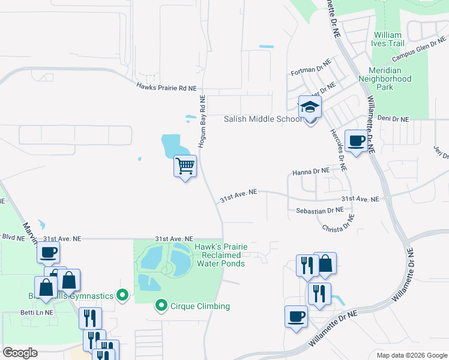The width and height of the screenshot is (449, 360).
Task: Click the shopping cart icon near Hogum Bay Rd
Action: click(185, 165)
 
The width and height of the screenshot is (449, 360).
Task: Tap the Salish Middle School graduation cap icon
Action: click(310, 107)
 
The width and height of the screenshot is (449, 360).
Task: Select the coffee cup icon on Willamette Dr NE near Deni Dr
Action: click(357, 141)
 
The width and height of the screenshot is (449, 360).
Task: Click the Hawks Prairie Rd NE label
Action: click(166, 88)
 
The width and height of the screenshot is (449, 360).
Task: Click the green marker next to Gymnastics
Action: click(123, 295)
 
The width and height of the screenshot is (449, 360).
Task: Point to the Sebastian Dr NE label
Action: click(319, 211)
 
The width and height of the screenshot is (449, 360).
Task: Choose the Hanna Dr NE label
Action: click(312, 171)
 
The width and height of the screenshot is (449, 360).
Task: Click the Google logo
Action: click(20, 352)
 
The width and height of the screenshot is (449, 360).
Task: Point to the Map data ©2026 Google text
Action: click(411, 355)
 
